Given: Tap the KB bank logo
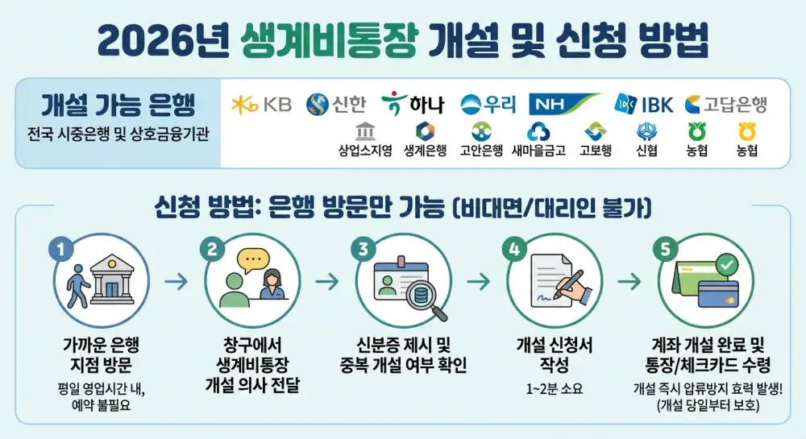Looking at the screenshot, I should (261, 104).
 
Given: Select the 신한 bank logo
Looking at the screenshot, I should (336, 104).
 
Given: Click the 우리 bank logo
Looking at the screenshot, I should (488, 104).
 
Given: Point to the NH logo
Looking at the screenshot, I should (564, 104).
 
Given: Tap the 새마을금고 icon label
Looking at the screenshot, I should (538, 151).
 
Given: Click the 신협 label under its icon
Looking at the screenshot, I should (646, 151).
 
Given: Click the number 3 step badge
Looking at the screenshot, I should (363, 249).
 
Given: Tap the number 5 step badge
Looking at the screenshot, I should (666, 249).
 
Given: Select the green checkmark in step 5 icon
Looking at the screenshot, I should (727, 264).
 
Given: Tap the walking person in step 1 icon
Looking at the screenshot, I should (78, 284).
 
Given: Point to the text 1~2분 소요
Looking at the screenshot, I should (554, 389).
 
